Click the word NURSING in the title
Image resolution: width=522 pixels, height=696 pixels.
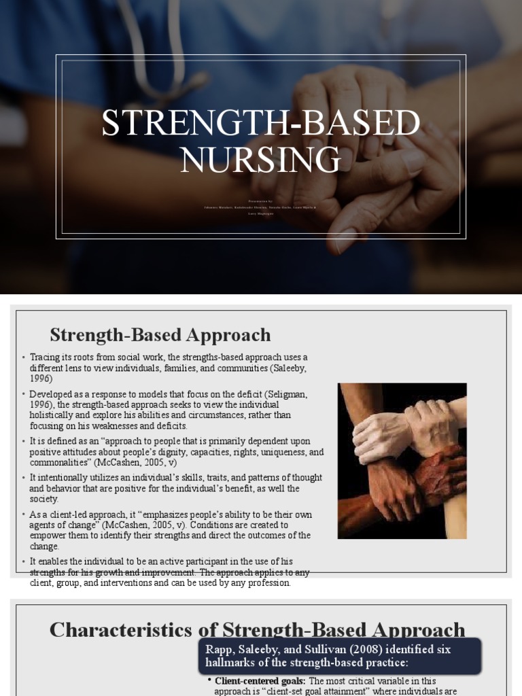[x=261, y=159]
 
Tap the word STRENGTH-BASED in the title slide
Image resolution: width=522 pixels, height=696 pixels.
[x=261, y=124]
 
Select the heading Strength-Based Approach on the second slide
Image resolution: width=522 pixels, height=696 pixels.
[x=160, y=334]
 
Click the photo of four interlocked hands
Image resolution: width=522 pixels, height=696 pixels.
[x=402, y=461]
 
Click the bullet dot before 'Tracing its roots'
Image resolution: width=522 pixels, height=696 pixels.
[x=23, y=358]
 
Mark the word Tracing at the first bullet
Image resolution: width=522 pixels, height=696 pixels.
[x=45, y=358]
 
